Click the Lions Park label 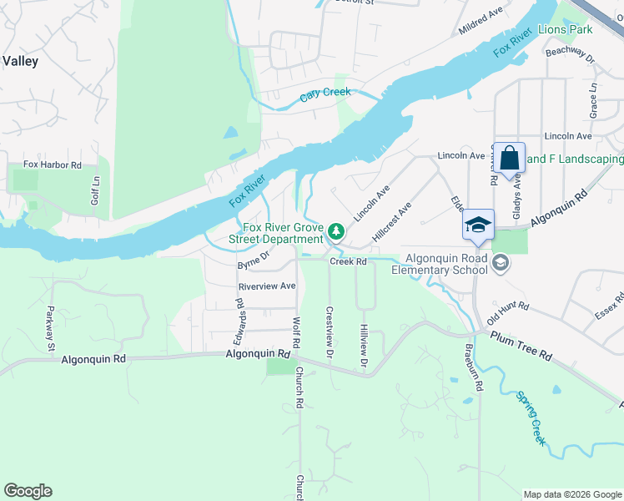[x=566, y=30]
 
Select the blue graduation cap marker [x=479, y=225]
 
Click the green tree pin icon [x=336, y=230]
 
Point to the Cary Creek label [x=325, y=93]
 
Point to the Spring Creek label [x=531, y=417]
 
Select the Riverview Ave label [x=267, y=286]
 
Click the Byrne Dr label [x=254, y=261]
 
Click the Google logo [x=28, y=490]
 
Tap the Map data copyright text [x=571, y=494]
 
